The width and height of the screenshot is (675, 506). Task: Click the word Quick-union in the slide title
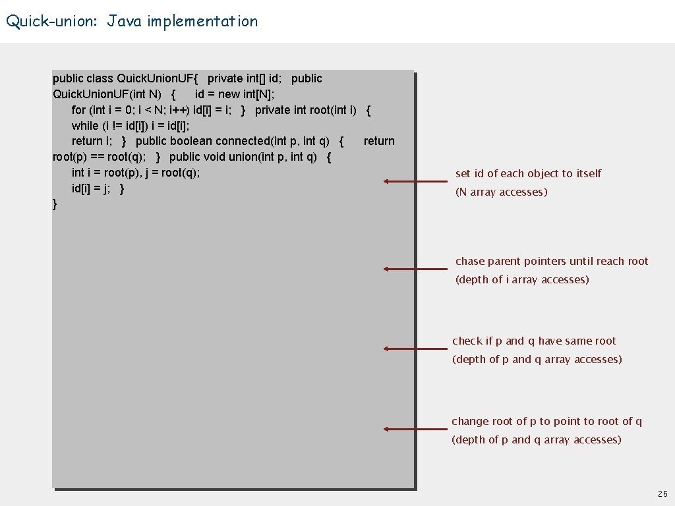(50, 22)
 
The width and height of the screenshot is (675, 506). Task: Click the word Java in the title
(125, 22)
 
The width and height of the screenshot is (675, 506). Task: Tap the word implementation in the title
(202, 22)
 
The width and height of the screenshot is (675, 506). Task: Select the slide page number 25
(662, 494)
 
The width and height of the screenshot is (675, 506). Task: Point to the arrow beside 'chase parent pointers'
(415, 269)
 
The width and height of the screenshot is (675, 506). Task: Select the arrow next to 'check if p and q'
(415, 349)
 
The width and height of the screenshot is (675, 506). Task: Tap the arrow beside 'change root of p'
(415, 429)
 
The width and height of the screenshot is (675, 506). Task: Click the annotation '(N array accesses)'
(501, 192)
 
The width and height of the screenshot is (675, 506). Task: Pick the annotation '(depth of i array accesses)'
(522, 280)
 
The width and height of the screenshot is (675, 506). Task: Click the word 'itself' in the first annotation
(589, 174)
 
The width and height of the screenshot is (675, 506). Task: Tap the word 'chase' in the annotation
(470, 262)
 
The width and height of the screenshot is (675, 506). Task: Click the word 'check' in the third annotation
(467, 341)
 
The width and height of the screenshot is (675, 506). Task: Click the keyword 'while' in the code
(85, 126)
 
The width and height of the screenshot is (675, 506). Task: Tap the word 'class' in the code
(100, 78)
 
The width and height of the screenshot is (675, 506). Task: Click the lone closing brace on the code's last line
(55, 204)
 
